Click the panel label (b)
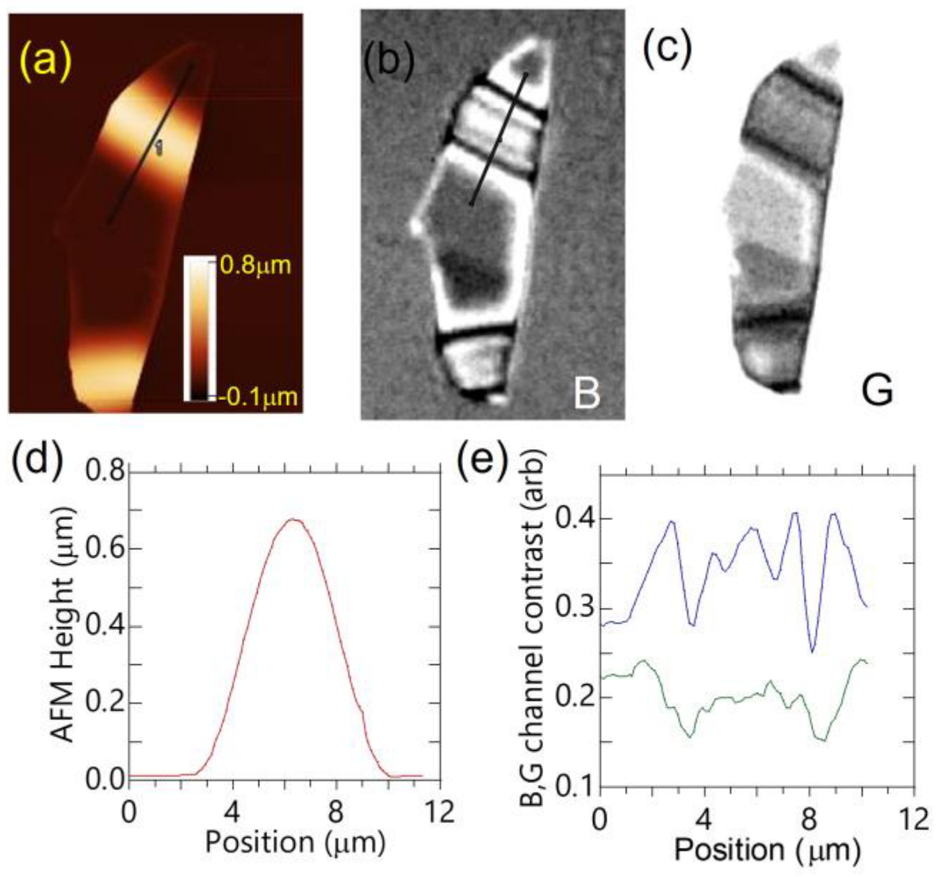(389, 62)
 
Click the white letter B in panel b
(585, 390)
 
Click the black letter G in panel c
(875, 390)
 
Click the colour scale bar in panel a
(198, 327)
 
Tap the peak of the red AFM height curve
(293, 520)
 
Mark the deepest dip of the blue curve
(811, 651)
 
